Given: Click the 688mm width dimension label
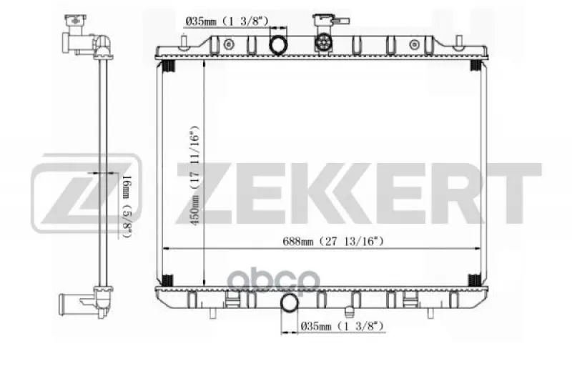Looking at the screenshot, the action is pyautogui.click(x=333, y=241).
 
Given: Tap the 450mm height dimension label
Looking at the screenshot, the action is pyautogui.click(x=194, y=175).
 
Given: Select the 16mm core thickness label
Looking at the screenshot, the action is pyautogui.click(x=127, y=206).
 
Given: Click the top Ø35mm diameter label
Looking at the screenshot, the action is pyautogui.click(x=227, y=21).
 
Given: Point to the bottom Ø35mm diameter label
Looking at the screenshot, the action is pyautogui.click(x=342, y=325).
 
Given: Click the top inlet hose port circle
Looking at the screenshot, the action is pyautogui.click(x=278, y=45).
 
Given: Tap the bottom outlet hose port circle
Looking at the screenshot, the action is pyautogui.click(x=290, y=303).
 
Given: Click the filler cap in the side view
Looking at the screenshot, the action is pyautogui.click(x=76, y=21).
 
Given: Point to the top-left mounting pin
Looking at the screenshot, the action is pyautogui.click(x=184, y=41).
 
